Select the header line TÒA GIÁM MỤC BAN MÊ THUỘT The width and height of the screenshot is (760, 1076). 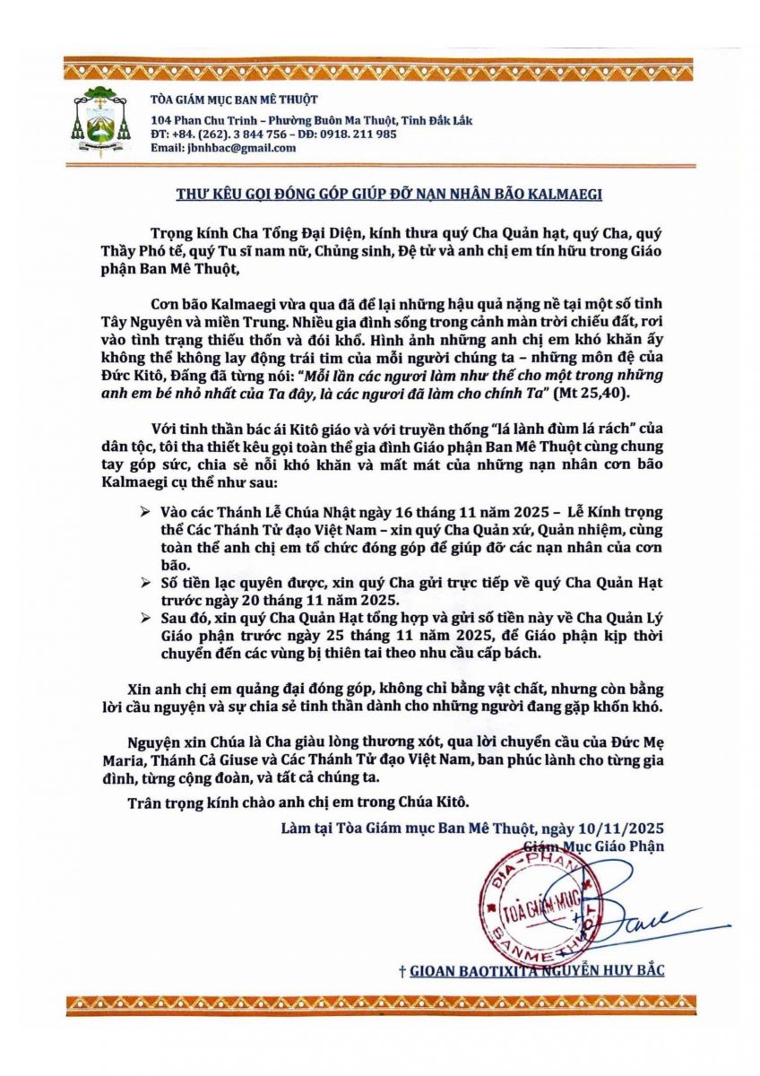pos(234,100)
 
